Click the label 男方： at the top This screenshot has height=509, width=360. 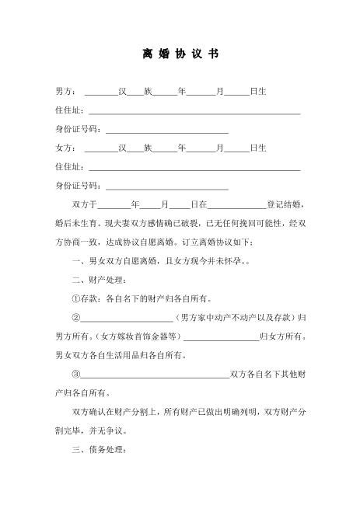pyautogui.click(x=67, y=92)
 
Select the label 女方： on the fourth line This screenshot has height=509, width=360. pyautogui.click(x=67, y=148)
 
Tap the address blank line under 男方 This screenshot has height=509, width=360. pyautogui.click(x=194, y=113)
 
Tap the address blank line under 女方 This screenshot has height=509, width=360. pyautogui.click(x=194, y=169)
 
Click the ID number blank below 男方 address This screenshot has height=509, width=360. pyautogui.click(x=166, y=131)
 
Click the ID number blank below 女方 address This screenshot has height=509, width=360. pyautogui.click(x=166, y=187)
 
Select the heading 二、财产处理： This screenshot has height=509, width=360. pyautogui.click(x=93, y=279)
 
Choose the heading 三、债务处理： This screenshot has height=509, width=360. pyautogui.click(x=93, y=450)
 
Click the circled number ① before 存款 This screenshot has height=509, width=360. pyautogui.click(x=75, y=298)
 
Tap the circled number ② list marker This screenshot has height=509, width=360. pyautogui.click(x=75, y=317)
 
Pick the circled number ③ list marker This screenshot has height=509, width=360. pyautogui.click(x=75, y=374)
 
